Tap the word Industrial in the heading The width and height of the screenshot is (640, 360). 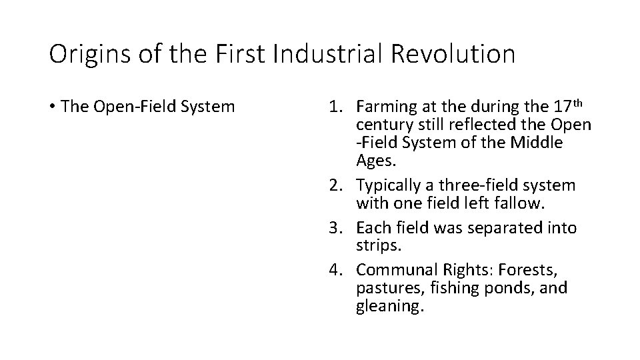[x=316, y=54]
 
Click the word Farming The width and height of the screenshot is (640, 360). [x=383, y=107]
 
